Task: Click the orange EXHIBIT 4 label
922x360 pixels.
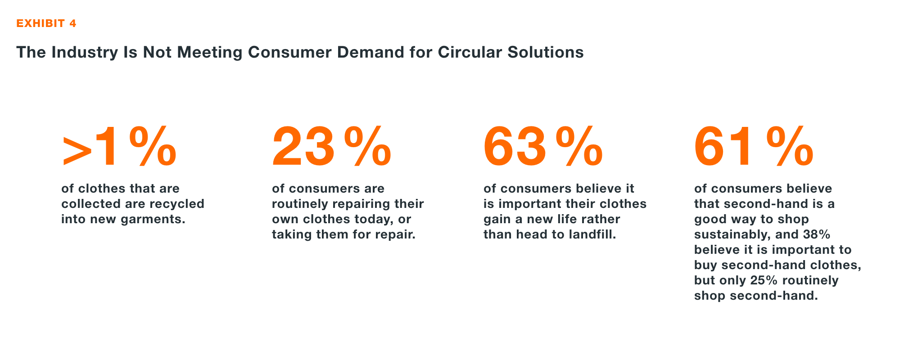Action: coord(46,23)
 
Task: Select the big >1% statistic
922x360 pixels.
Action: coord(119,147)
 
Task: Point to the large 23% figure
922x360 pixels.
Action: coord(332,147)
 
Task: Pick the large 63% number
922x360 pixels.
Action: coord(543,147)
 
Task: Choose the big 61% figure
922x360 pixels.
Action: coord(754,147)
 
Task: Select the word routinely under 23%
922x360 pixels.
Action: coord(300,204)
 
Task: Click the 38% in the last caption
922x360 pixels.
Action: coord(816,234)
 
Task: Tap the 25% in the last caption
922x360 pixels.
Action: coord(764,280)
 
